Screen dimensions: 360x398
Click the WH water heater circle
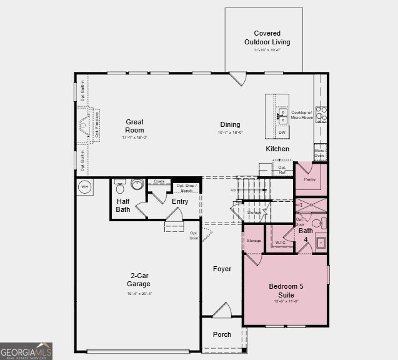(83, 186)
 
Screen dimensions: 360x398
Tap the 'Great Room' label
(134, 126)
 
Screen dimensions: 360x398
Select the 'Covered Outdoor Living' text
(267, 37)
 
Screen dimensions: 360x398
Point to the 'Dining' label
(230, 125)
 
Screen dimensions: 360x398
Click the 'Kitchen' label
(277, 149)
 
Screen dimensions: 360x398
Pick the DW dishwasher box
(282, 132)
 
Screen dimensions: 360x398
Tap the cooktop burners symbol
(321, 114)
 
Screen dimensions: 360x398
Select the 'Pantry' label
(310, 179)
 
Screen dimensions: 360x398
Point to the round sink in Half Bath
(136, 184)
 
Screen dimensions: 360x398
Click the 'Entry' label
(180, 201)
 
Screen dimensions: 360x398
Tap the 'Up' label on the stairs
(234, 190)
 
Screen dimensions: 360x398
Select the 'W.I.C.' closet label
(281, 242)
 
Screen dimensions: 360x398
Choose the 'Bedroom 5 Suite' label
(286, 290)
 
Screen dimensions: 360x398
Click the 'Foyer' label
(222, 269)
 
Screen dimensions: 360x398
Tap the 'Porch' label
(222, 334)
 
